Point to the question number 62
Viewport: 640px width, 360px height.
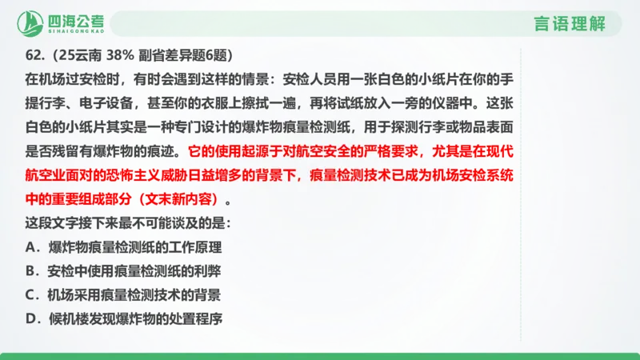click(33, 57)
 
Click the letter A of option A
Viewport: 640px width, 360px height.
click(30, 246)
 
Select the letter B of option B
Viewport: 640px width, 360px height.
click(30, 270)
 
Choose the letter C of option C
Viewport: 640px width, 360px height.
click(30, 294)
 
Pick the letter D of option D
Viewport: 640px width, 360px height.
click(30, 318)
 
